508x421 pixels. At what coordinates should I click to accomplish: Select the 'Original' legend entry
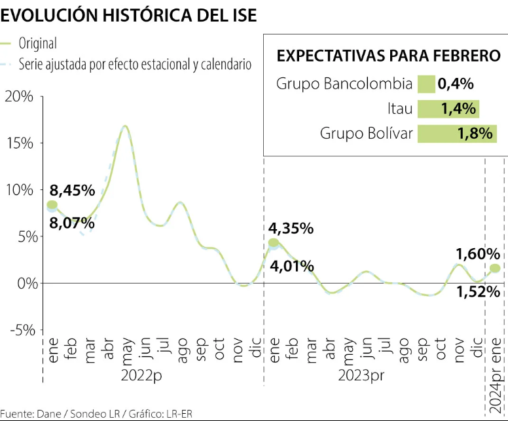[38, 44]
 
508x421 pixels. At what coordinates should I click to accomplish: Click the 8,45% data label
[72, 191]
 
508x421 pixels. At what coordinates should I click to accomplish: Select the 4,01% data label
[291, 266]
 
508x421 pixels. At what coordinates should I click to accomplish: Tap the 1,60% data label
[478, 253]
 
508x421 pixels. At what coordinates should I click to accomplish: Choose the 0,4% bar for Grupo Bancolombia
[426, 84]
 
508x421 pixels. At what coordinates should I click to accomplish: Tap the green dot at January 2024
[495, 268]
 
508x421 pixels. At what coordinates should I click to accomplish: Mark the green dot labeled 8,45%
[52, 205]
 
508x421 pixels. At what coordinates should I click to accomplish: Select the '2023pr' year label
[361, 376]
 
